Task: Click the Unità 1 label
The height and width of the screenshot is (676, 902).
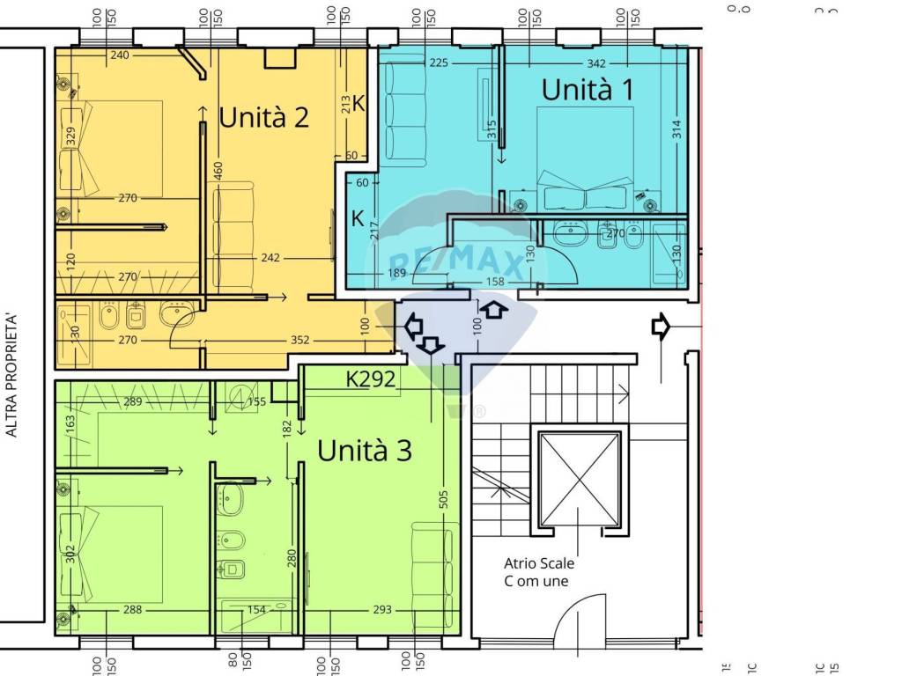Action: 588,89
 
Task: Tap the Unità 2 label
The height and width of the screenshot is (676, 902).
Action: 263,117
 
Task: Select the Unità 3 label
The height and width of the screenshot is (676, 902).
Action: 364,451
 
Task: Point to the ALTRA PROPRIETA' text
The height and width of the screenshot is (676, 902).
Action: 11,374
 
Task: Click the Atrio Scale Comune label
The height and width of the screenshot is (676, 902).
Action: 539,571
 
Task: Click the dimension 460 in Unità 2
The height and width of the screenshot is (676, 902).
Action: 218,174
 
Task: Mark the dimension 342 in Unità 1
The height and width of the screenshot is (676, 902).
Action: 595,63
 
